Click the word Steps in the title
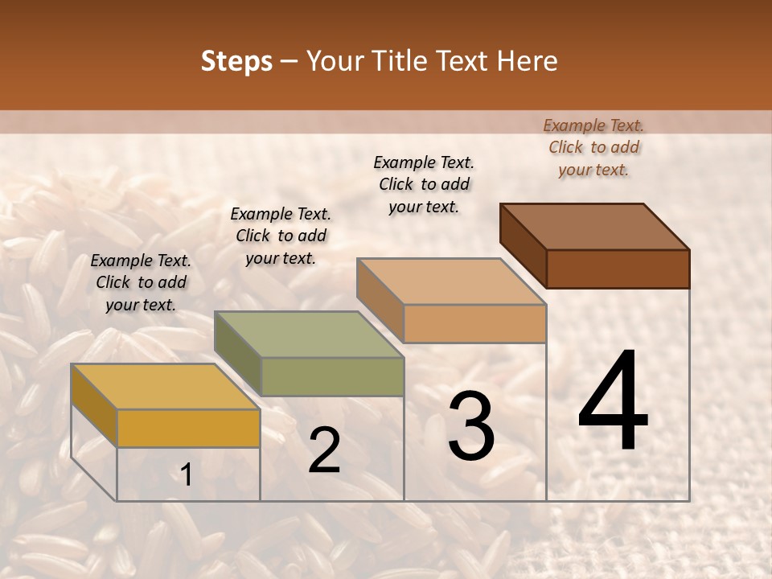236,61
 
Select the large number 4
613,401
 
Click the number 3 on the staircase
471,427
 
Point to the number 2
324,451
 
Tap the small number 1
186,475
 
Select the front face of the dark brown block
618,269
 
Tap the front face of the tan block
474,323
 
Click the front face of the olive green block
332,376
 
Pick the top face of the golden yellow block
166,387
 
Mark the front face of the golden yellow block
188,428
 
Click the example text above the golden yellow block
141,282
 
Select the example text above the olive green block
281,236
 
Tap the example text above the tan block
424,184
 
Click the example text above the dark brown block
593,147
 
